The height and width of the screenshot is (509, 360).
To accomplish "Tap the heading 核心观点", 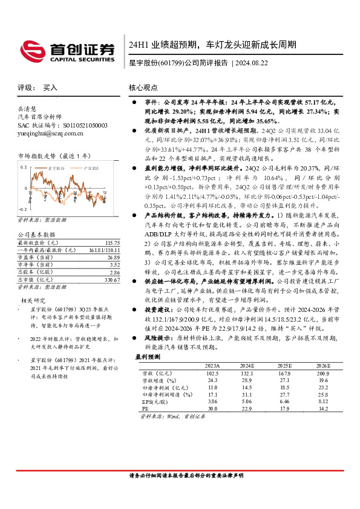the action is coord(143,88).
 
